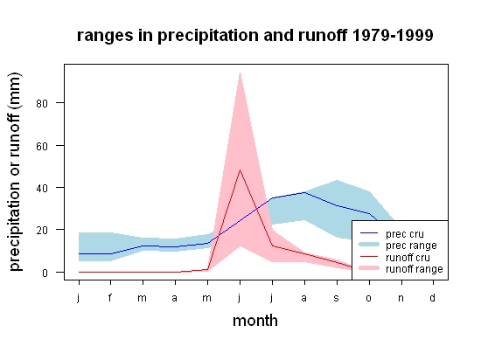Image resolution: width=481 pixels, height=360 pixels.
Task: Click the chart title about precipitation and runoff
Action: pyautogui.click(x=254, y=36)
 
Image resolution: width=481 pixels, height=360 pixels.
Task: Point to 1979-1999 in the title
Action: pyautogui.click(x=393, y=35)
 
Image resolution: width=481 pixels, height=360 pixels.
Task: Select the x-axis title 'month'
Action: pyautogui.click(x=255, y=321)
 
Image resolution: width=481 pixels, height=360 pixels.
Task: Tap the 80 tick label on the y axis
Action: pyautogui.click(x=42, y=104)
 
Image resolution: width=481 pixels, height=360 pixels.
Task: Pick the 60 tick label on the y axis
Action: pyautogui.click(x=42, y=146)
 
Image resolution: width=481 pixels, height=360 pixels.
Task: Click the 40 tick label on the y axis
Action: pyautogui.click(x=42, y=188)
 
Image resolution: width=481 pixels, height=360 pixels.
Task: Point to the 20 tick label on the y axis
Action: pyautogui.click(x=42, y=231)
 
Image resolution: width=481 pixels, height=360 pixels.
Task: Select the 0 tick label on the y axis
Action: pyautogui.click(x=45, y=273)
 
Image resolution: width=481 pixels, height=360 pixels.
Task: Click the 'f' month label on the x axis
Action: pyautogui.click(x=110, y=297)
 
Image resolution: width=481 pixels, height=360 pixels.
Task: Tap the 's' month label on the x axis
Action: pyautogui.click(x=337, y=298)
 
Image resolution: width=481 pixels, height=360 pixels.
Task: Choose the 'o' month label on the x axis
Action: pyautogui.click(x=369, y=298)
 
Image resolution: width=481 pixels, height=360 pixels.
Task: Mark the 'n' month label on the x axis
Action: pyautogui.click(x=401, y=298)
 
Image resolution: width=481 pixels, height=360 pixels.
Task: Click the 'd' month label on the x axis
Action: pyautogui.click(x=433, y=297)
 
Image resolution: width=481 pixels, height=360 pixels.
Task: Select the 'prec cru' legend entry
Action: pyautogui.click(x=392, y=234)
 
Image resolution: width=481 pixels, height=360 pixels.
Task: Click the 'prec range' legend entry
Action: pyautogui.click(x=399, y=246)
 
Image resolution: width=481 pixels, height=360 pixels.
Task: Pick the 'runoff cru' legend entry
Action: pyautogui.click(x=395, y=258)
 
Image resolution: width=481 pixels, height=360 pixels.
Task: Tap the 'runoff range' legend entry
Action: pyautogui.click(x=401, y=269)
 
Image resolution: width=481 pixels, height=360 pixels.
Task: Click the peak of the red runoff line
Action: pyautogui.click(x=240, y=170)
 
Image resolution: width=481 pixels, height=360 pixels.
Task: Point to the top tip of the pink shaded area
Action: pyautogui.click(x=240, y=72)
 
